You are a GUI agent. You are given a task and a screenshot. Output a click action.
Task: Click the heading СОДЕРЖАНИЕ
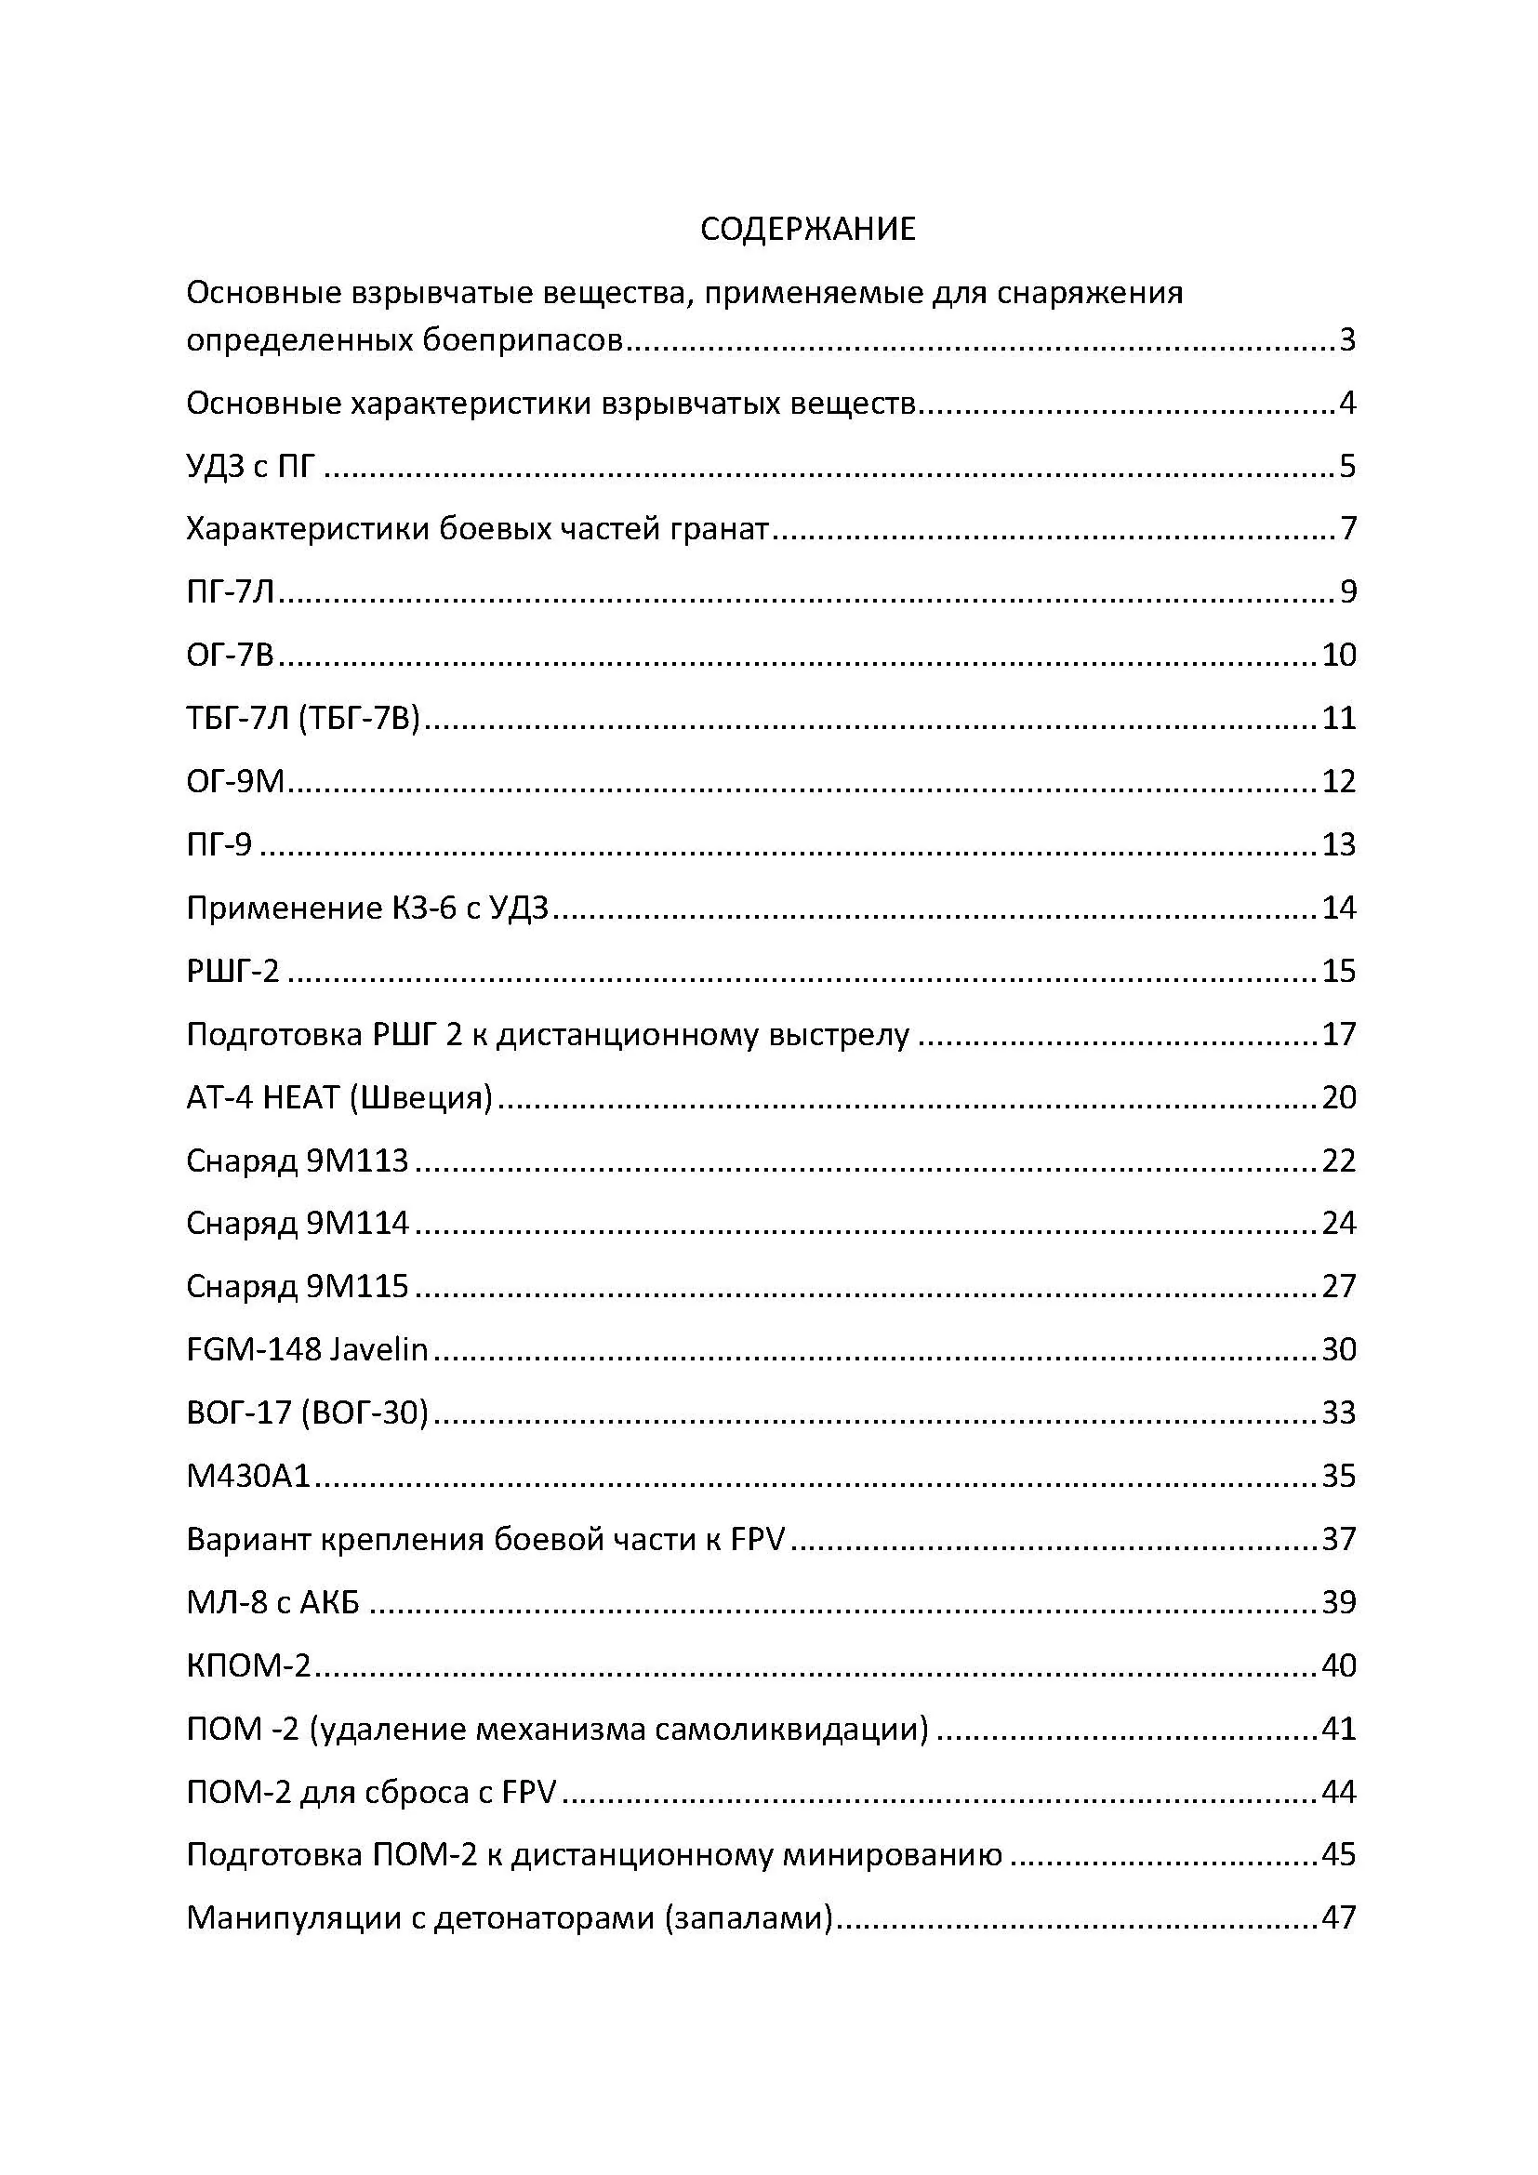click(808, 230)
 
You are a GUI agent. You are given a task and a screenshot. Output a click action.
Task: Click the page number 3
click(1346, 339)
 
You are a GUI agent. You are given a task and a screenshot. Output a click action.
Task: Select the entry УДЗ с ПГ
click(250, 466)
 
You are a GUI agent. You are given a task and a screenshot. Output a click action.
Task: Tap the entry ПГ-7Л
click(230, 592)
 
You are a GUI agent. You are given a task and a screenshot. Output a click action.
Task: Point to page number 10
click(1339, 655)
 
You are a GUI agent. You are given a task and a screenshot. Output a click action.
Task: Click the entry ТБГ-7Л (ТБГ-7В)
click(302, 718)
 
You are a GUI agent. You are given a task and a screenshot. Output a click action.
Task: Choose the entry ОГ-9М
click(235, 781)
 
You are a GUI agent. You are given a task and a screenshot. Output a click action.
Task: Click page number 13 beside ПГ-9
click(1339, 844)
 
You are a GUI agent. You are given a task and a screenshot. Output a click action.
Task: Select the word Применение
click(284, 908)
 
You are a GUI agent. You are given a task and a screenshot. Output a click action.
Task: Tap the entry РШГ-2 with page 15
click(233, 971)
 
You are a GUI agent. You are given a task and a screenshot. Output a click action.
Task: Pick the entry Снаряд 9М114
click(298, 1224)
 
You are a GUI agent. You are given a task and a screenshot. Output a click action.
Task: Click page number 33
click(1339, 1413)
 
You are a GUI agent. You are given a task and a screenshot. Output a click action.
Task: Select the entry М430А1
click(248, 1476)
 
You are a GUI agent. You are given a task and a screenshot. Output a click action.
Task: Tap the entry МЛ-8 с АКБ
click(272, 1603)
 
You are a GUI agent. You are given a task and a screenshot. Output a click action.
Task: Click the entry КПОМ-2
click(248, 1665)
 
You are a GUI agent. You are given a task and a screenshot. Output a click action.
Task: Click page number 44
click(1339, 1792)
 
